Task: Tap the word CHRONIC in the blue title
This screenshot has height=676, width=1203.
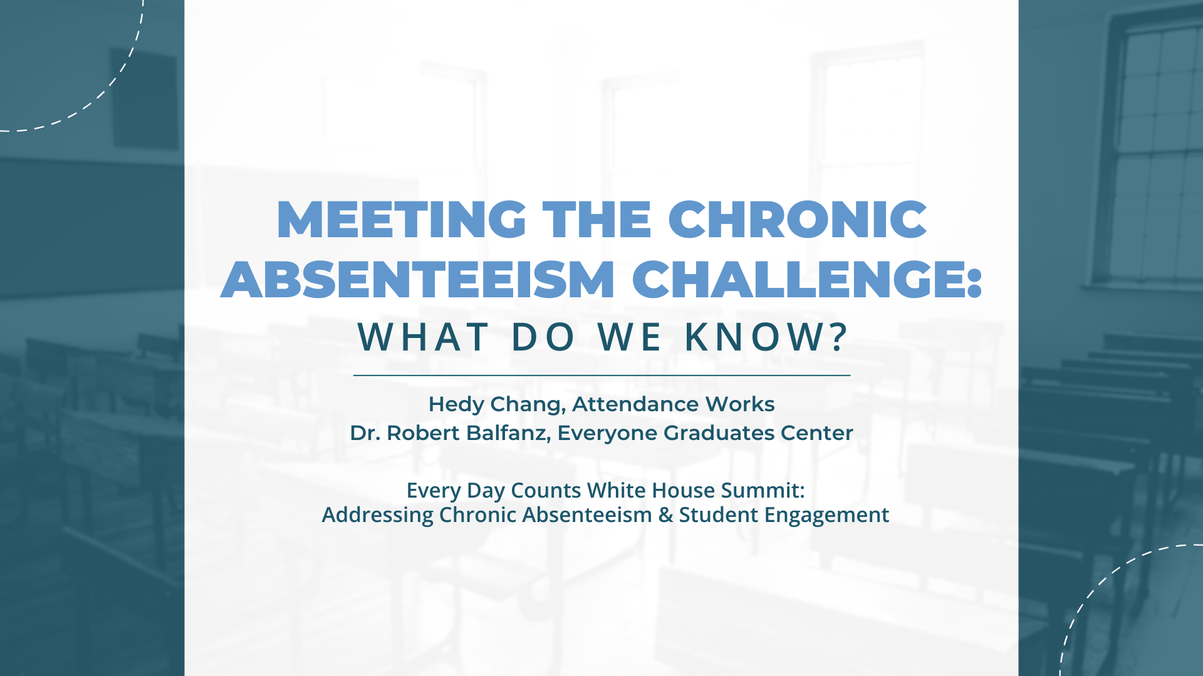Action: [798, 220]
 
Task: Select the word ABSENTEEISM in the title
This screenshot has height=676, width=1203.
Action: [418, 279]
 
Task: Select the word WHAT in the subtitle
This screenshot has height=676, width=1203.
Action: [423, 337]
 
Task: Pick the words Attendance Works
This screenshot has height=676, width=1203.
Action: [674, 404]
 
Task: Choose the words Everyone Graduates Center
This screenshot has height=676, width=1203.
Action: [706, 433]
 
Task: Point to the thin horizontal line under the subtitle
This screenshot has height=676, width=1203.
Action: [601, 376]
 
